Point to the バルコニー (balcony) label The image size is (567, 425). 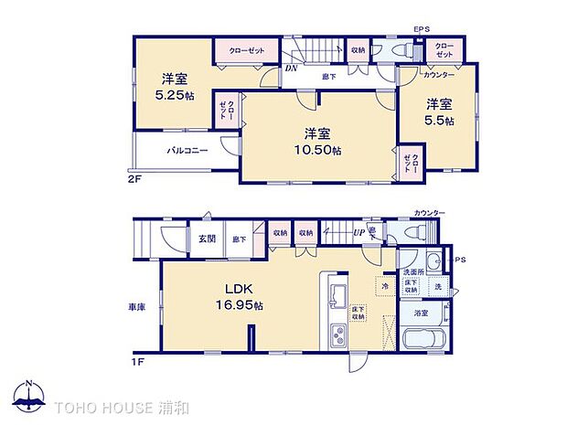[x=187, y=151]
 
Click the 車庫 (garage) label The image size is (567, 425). [x=136, y=308]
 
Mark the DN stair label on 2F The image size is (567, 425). [x=290, y=69]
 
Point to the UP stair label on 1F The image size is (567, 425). [x=359, y=232]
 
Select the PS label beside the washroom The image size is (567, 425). [x=460, y=259]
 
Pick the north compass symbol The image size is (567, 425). [x=29, y=395]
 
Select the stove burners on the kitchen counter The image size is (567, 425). [x=336, y=340]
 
